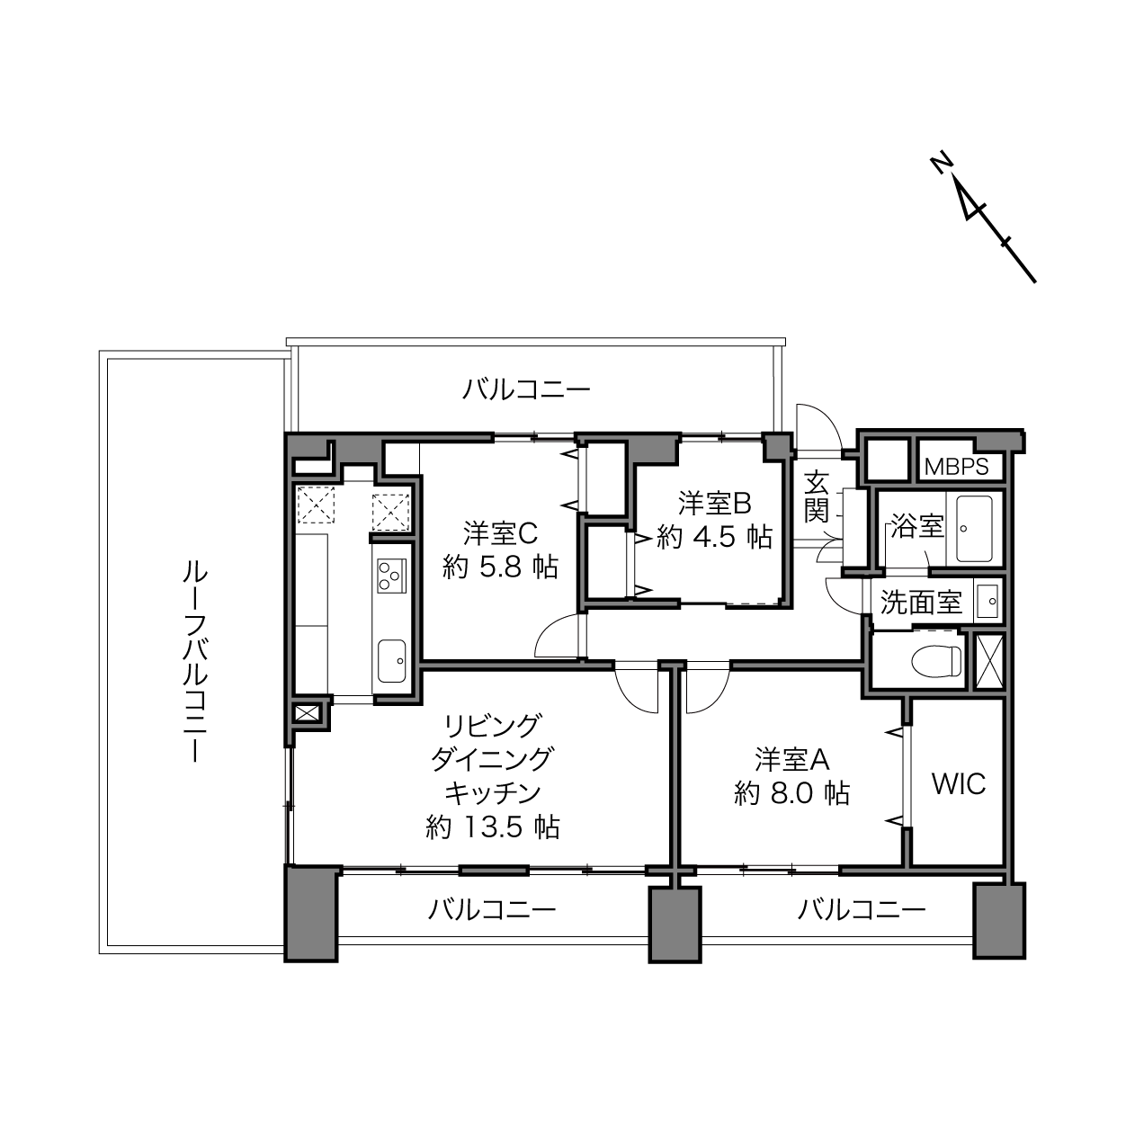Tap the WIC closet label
(x=959, y=783)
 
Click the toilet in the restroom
(x=936, y=661)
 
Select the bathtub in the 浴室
(x=974, y=528)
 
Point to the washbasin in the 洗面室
(x=988, y=601)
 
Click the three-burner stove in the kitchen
(x=391, y=575)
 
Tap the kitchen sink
(x=391, y=660)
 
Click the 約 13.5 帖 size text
(x=493, y=827)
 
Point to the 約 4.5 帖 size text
(x=714, y=536)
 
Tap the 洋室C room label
(x=500, y=533)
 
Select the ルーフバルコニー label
(x=194, y=661)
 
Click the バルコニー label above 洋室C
(x=526, y=389)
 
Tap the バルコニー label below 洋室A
(x=862, y=910)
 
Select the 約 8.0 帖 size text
(x=791, y=793)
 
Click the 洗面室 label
(x=921, y=602)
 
